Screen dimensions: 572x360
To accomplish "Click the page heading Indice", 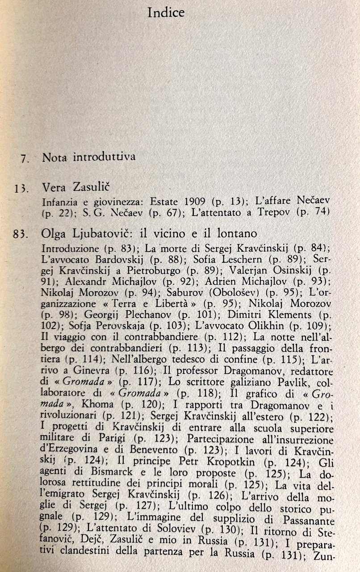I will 166,13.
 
